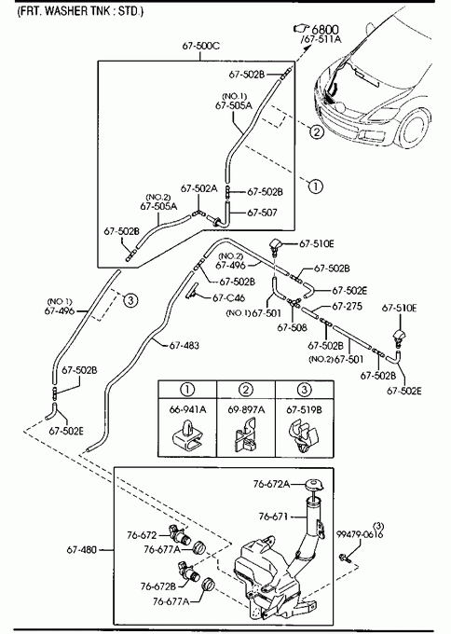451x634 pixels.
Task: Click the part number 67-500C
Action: [201, 46]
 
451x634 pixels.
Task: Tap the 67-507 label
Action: [262, 213]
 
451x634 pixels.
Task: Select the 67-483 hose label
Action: [184, 345]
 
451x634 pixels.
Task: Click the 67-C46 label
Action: [228, 298]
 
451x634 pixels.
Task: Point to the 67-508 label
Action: [292, 327]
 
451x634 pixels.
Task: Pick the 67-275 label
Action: [348, 307]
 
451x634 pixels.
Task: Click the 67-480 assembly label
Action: [82, 550]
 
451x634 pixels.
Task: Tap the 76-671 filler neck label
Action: [273, 517]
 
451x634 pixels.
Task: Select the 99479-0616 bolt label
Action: [360, 534]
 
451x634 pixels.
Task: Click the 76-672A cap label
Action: [271, 484]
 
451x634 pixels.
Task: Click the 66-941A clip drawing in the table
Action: [187, 436]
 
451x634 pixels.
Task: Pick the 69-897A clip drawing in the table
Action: [246, 436]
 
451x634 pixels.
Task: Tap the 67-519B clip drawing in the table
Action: [304, 436]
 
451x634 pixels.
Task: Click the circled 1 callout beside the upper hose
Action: [316, 186]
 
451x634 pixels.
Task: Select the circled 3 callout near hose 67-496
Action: [130, 299]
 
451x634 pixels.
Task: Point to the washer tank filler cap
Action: [313, 485]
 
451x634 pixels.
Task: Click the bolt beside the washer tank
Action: [345, 558]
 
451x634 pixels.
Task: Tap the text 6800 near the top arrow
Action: [325, 29]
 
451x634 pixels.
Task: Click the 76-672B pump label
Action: [158, 586]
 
